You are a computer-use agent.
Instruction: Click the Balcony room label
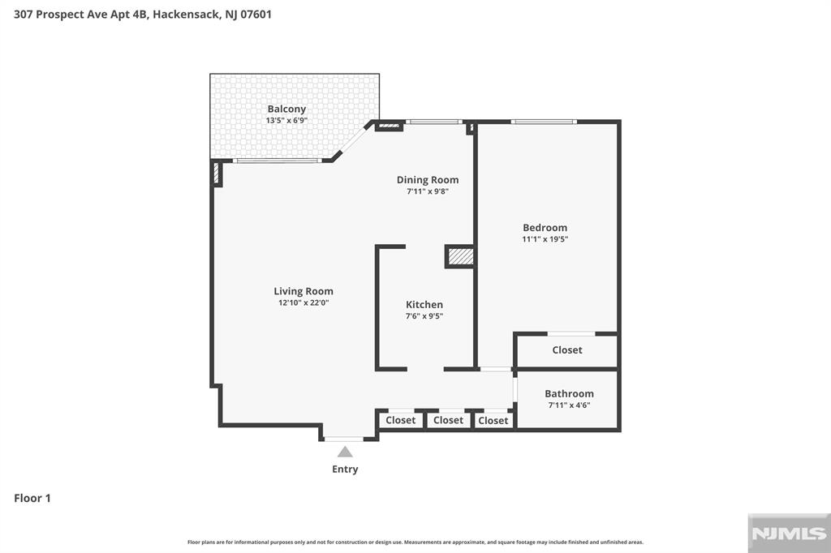[x=286, y=109]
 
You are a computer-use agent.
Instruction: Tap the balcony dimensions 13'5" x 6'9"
[x=286, y=121]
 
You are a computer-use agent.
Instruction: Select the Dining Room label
[x=427, y=180]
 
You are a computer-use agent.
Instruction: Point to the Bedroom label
[x=545, y=228]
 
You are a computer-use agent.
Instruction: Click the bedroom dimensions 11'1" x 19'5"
[x=545, y=239]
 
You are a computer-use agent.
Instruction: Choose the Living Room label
[x=303, y=291]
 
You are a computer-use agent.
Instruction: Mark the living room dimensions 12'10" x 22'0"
[x=303, y=302]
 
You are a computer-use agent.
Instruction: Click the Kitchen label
[x=424, y=305]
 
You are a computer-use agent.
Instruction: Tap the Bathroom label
[x=569, y=393]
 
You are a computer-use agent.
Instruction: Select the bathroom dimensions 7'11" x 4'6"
[x=569, y=405]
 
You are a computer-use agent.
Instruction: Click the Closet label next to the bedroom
[x=566, y=350]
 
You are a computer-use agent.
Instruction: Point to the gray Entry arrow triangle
[x=345, y=452]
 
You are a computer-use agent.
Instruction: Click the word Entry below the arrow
[x=345, y=469]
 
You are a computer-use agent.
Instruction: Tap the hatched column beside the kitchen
[x=460, y=256]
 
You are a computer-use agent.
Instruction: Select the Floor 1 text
[x=32, y=498]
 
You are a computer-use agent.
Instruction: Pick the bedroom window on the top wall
[x=544, y=122]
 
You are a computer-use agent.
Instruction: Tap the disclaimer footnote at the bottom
[x=415, y=542]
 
